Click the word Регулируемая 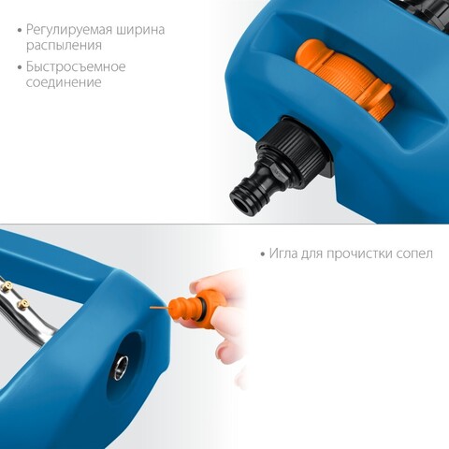point(69,31)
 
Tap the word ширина point(140,30)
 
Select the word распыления point(64,46)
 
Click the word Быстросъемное point(76,67)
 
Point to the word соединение point(64,82)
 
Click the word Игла point(283,253)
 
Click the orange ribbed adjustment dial point(344,78)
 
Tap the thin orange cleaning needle point(160,308)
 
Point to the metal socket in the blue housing point(121,369)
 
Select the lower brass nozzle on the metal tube point(22,303)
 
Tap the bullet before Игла point(263,254)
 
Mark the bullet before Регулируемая point(20,31)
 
